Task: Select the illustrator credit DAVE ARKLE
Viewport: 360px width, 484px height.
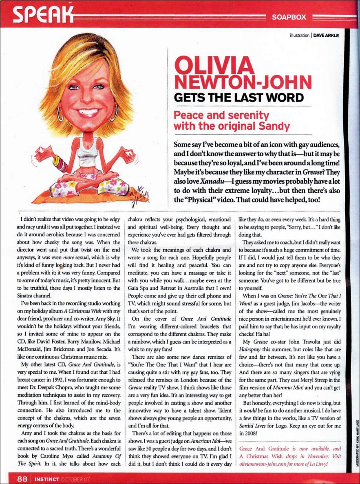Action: point(326,36)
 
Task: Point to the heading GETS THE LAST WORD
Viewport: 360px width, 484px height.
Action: point(239,98)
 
